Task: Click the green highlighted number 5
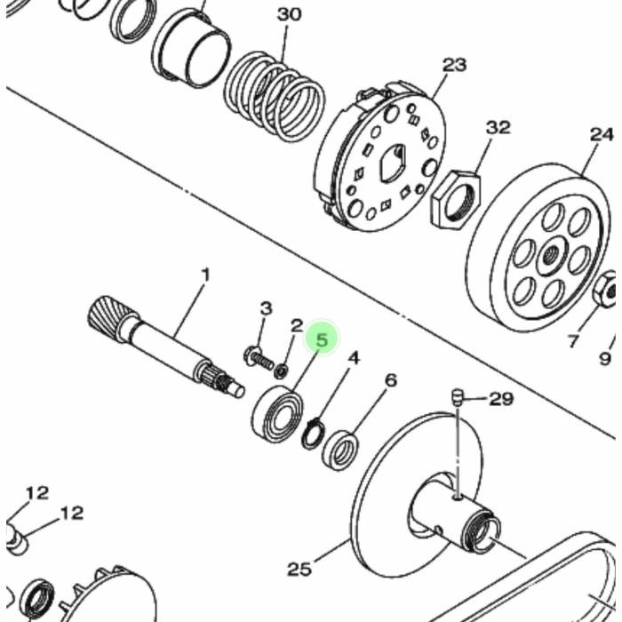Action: coord(322,340)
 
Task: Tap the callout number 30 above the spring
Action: coord(289,15)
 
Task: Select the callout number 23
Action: coord(454,65)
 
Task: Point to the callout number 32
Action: coord(498,128)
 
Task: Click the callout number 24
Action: coord(602,135)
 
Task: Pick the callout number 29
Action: coord(501,399)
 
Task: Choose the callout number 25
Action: coord(299,570)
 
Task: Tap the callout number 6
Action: coord(391,380)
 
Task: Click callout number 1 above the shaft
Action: coord(205,275)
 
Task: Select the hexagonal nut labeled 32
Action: coord(455,199)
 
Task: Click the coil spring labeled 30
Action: coord(274,96)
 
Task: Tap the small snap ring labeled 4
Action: coord(314,434)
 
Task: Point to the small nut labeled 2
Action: coord(282,371)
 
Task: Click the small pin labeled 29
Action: coord(457,397)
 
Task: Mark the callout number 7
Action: coord(572,340)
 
